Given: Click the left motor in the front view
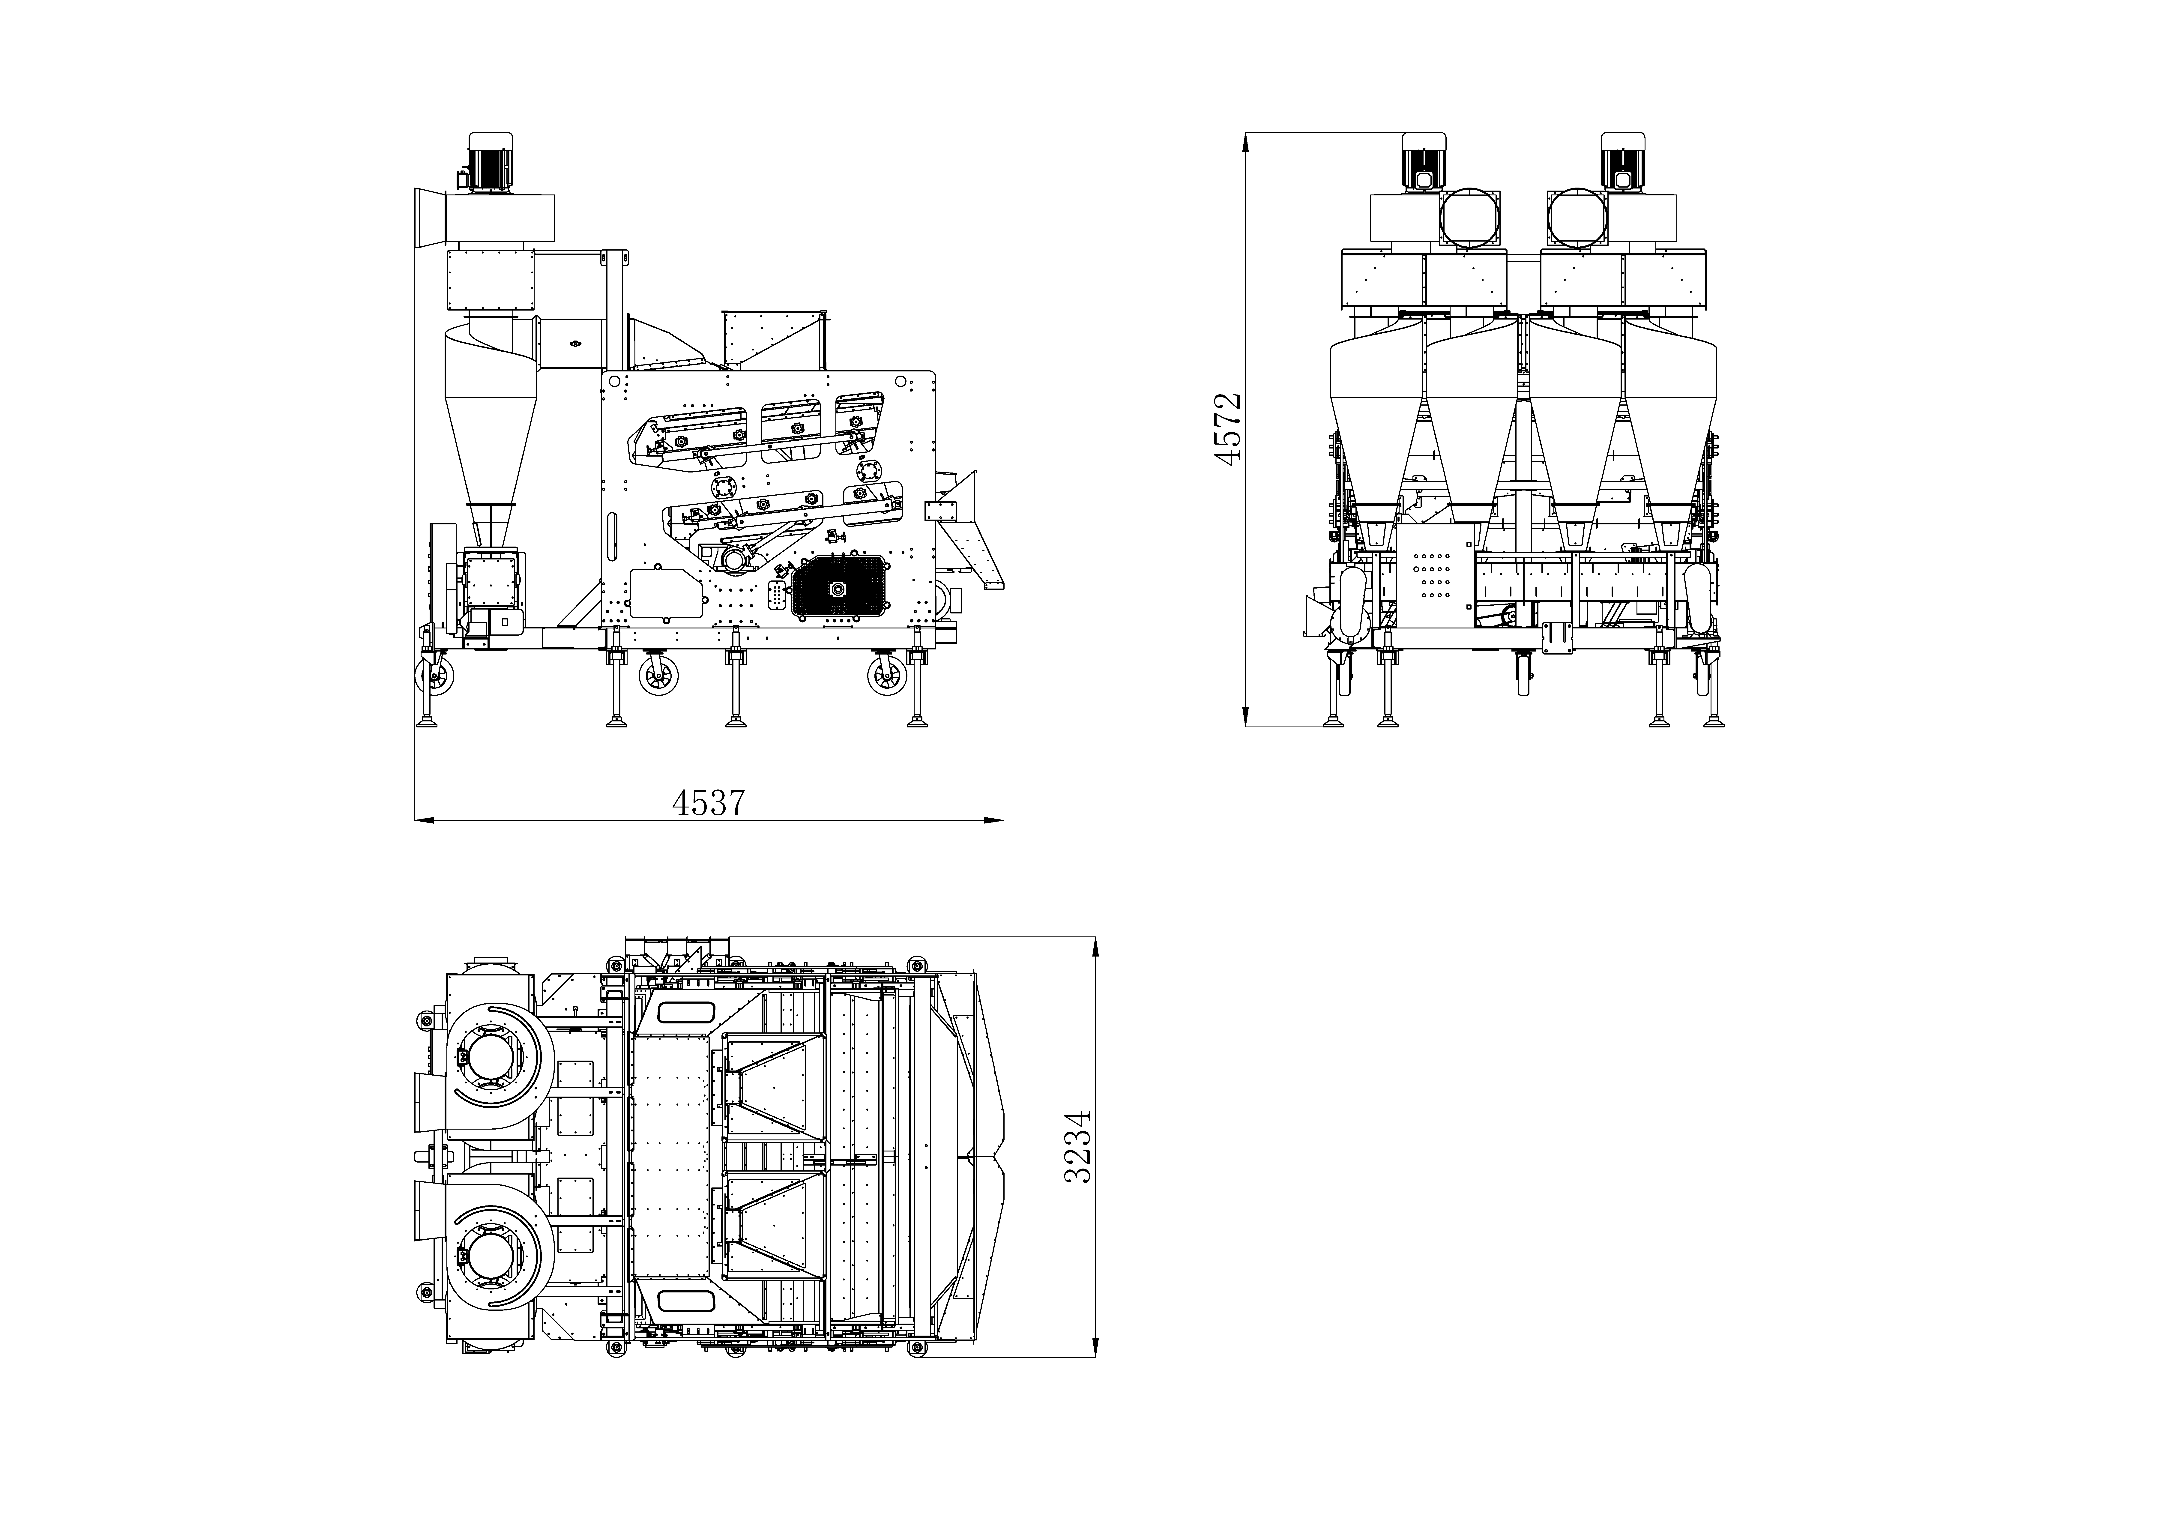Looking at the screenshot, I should pyautogui.click(x=1423, y=162).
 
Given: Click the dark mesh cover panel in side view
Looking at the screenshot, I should pyautogui.click(x=839, y=588).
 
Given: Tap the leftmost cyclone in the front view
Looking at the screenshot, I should pyautogui.click(x=1375, y=423).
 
